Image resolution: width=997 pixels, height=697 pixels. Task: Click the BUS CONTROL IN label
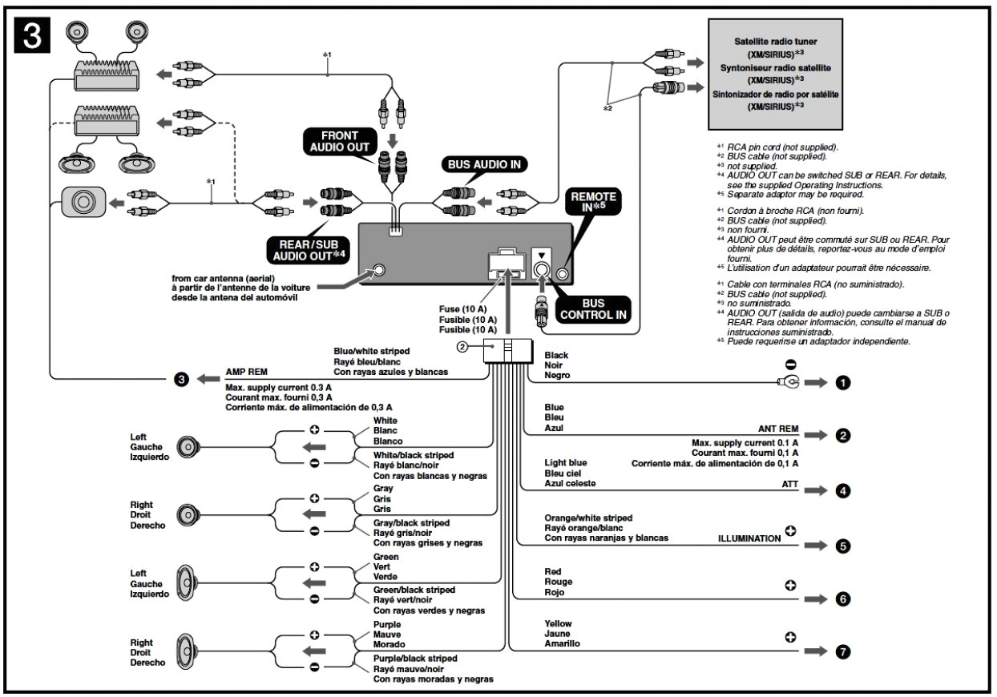click(594, 310)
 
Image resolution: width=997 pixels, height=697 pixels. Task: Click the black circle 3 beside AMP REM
click(182, 379)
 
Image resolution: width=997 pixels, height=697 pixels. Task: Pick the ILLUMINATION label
click(748, 538)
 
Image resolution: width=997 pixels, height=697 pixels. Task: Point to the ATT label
click(790, 485)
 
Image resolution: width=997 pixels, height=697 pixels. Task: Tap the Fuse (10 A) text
click(462, 309)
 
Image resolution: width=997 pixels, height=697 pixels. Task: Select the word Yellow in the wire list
click(559, 623)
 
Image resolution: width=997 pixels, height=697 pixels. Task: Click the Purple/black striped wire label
click(415, 658)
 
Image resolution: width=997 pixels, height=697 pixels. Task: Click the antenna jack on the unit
click(378, 270)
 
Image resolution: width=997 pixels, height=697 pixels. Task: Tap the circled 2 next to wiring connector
click(462, 347)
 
